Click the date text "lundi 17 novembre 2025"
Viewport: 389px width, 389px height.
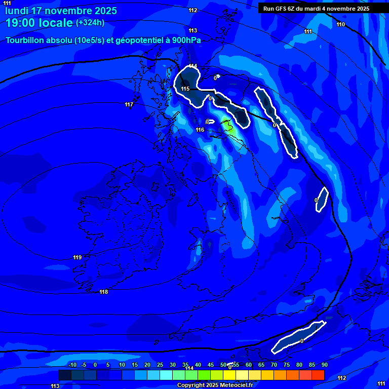[x=61, y=11]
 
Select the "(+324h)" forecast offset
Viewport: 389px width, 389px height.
[x=91, y=23]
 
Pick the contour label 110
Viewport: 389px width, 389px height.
[x=341, y=25]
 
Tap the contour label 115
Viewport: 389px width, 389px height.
[x=185, y=89]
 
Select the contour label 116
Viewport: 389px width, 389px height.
[x=200, y=130]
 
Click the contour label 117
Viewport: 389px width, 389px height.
[x=129, y=105]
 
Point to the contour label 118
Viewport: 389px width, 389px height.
[x=104, y=292]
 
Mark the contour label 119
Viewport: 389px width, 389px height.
[x=77, y=258]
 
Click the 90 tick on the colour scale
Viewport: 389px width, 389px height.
[x=324, y=365]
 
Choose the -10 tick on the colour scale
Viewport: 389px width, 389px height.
[x=72, y=365]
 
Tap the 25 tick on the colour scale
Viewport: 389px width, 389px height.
[x=160, y=365]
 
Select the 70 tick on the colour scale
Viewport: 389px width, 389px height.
[x=274, y=365]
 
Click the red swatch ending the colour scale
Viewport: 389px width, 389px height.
[x=318, y=375]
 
